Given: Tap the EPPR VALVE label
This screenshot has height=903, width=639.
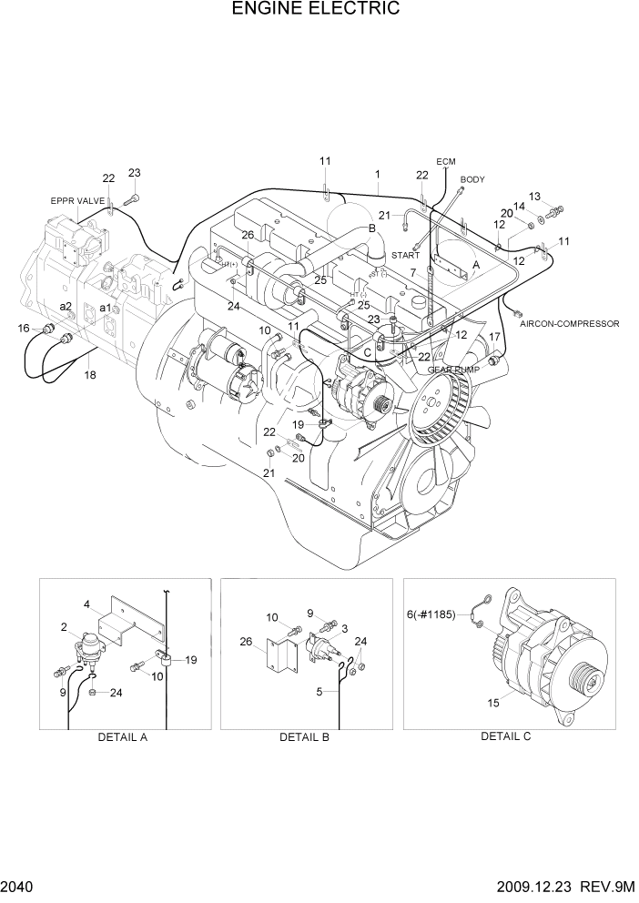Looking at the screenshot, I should (x=77, y=199).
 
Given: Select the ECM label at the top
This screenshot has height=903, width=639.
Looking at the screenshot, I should (x=445, y=162).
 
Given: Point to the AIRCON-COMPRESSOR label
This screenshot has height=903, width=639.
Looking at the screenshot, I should (x=570, y=323).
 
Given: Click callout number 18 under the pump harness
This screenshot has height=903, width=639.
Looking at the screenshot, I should (x=89, y=375).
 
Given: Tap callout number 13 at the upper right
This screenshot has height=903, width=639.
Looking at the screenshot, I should (x=534, y=197).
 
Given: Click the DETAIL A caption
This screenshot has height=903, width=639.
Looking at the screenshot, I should (x=123, y=737).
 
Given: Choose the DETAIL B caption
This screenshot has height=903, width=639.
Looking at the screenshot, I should (x=305, y=737).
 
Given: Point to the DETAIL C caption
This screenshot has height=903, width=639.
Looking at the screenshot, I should (x=505, y=736).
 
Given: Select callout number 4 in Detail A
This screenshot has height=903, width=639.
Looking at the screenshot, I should (x=86, y=604).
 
